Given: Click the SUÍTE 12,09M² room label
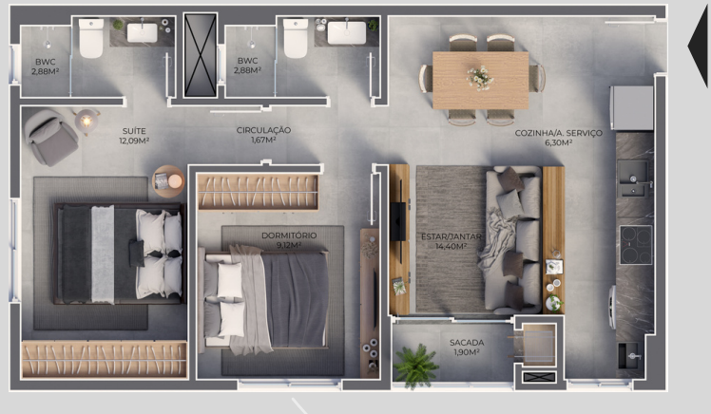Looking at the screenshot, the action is [134, 136].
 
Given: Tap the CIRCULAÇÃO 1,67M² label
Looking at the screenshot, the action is [263, 135].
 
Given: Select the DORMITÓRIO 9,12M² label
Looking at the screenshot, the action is [289, 240].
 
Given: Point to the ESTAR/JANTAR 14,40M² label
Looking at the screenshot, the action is [451, 241].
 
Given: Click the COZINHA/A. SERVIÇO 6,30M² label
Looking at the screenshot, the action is [559, 138].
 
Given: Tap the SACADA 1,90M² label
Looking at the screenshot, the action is [467, 347].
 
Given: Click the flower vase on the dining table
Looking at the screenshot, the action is [480, 78].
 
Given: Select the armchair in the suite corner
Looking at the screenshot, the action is [50, 137].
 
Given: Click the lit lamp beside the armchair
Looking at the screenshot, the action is [86, 121].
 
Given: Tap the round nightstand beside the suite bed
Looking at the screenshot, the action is [168, 181].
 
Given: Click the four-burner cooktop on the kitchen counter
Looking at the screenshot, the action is [636, 245].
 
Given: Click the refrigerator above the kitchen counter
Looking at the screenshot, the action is [631, 108].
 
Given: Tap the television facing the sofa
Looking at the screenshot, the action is [397, 221].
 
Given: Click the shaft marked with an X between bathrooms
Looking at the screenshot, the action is [200, 55].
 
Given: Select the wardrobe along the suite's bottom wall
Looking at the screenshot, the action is [105, 360].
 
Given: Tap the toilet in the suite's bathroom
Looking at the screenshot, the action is [91, 38].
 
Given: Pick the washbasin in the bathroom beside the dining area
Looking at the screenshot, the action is [346, 32].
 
